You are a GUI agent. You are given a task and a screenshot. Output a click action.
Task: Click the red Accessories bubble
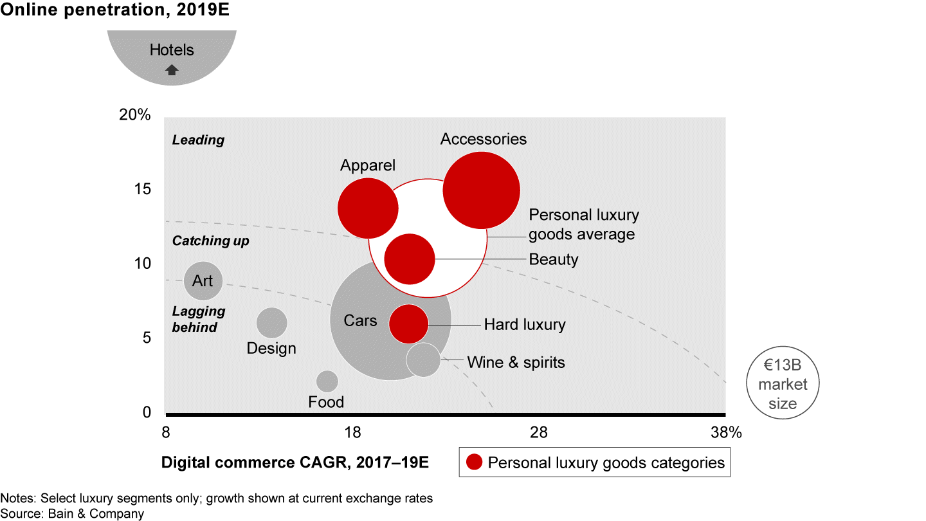pyautogui.click(x=481, y=190)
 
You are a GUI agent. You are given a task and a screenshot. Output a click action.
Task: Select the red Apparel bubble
pyautogui.click(x=368, y=208)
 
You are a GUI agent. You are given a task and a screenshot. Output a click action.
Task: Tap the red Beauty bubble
pyautogui.click(x=410, y=259)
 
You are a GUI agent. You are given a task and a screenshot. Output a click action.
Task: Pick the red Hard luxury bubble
pyautogui.click(x=408, y=324)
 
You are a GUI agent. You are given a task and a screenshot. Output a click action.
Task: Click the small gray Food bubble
pyautogui.click(x=327, y=381)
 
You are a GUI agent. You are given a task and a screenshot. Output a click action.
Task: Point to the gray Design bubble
pyautogui.click(x=271, y=323)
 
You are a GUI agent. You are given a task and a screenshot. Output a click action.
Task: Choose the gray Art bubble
pyautogui.click(x=203, y=280)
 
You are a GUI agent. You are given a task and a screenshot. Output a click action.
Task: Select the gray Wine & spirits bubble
pyautogui.click(x=423, y=360)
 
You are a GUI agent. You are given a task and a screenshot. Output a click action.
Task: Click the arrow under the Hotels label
pyautogui.click(x=172, y=71)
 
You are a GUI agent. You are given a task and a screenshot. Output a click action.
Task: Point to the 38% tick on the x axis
pyautogui.click(x=727, y=433)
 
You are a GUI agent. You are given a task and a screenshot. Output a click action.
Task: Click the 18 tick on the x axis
pyautogui.click(x=352, y=433)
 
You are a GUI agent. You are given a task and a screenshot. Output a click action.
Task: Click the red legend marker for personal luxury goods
pyautogui.click(x=475, y=462)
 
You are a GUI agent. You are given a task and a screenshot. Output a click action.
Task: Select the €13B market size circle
pyautogui.click(x=781, y=384)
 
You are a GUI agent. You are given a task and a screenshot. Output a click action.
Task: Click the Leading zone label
pyautogui.click(x=198, y=140)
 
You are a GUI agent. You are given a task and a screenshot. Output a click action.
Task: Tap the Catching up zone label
pyautogui.click(x=210, y=241)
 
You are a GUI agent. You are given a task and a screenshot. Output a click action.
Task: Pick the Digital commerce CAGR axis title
pyautogui.click(x=295, y=462)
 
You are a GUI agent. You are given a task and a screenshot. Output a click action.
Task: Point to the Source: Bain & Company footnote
pyautogui.click(x=72, y=513)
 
